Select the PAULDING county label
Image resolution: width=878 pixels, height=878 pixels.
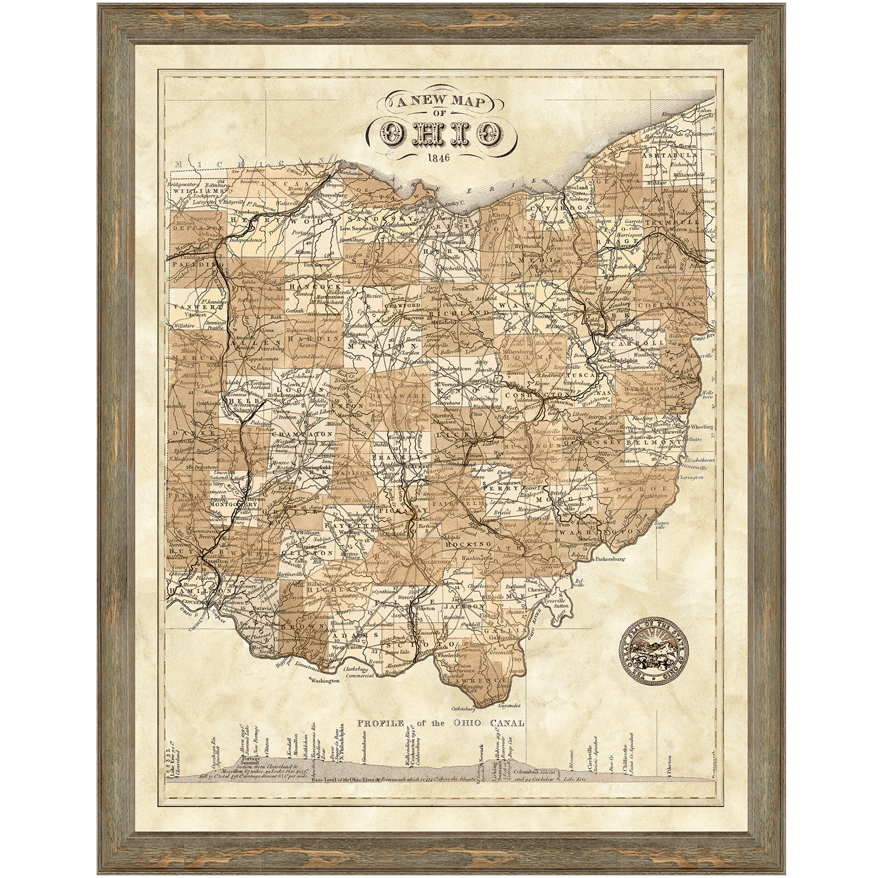tap(191, 263)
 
